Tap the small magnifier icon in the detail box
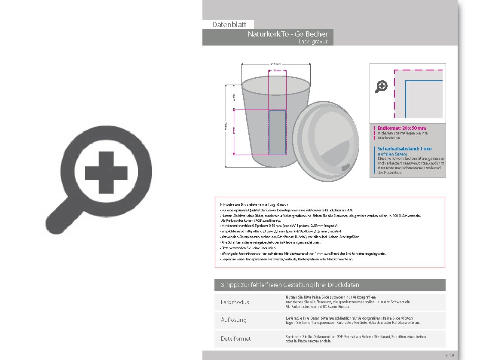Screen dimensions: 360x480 381,86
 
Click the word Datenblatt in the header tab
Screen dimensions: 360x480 229,25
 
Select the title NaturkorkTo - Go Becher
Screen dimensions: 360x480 287,34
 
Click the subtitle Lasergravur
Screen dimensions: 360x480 313,42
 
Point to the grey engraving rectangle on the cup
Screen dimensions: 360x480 277,132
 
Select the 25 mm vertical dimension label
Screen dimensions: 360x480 234,98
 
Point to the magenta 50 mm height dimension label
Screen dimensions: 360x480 234,131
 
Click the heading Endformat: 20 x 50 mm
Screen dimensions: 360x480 402,128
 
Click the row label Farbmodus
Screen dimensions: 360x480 235,302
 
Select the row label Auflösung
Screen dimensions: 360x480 234,320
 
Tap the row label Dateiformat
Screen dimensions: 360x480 235,339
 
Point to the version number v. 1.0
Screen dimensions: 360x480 449,355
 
